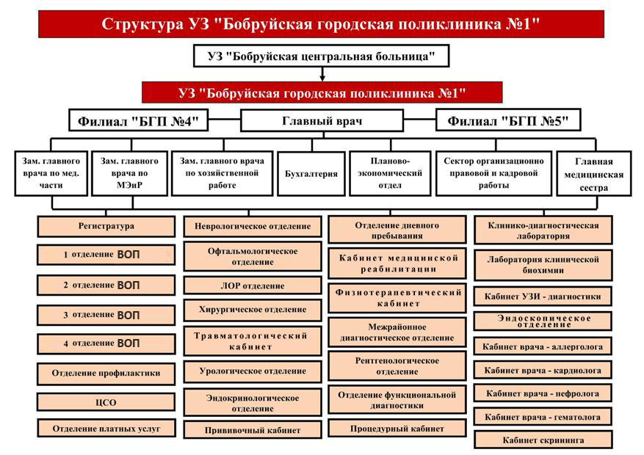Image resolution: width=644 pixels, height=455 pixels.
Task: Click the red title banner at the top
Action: tap(321, 23)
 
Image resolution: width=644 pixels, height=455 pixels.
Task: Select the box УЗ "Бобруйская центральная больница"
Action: tap(321, 56)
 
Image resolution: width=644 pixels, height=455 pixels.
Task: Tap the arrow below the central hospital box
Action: tap(322, 74)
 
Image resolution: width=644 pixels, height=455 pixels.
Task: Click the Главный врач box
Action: tap(322, 120)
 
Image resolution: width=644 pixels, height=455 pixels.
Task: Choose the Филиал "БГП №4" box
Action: tap(138, 120)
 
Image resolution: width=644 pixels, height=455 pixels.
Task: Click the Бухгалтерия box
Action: tap(311, 173)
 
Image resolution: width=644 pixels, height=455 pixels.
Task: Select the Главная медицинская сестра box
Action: tap(593, 173)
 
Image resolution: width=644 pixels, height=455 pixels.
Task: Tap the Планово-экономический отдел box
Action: tap(390, 173)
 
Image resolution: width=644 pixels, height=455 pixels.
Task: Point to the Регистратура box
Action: tap(106, 226)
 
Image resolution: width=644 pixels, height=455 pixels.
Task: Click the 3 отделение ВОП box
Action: tap(106, 315)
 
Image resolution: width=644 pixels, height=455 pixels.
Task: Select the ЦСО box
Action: tap(106, 402)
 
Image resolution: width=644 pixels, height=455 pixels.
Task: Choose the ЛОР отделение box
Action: tap(253, 285)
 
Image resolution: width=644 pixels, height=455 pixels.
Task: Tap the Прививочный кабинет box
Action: tap(253, 430)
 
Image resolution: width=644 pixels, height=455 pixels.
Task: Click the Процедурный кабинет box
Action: tap(397, 429)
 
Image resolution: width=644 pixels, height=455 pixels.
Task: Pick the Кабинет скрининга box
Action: tap(543, 440)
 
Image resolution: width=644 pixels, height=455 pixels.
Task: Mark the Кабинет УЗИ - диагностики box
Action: tap(543, 296)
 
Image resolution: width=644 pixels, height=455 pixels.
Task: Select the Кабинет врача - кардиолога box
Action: tap(543, 370)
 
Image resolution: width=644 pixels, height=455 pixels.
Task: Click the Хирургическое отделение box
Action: tap(253, 310)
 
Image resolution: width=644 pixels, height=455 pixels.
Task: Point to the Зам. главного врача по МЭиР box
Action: tap(129, 173)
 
